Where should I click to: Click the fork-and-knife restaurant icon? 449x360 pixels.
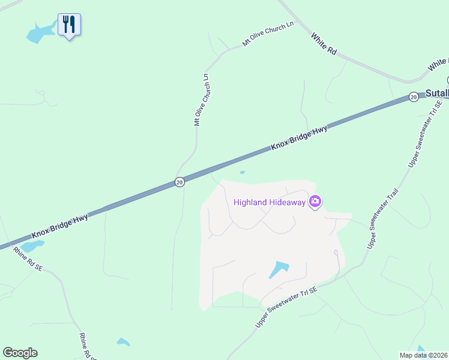pos(69,25)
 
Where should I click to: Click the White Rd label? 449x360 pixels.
pos(324,44)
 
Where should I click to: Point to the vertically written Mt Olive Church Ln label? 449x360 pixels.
pos(201,99)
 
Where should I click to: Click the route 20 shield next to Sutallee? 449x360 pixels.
pos(414,97)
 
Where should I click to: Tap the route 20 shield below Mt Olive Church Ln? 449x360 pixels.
pos(179,182)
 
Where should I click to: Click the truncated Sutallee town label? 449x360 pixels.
pos(437,93)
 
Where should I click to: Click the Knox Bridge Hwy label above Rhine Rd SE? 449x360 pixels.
pos(60,226)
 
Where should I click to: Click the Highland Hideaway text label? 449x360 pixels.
pos(270,202)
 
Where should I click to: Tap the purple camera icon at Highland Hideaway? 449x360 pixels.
pos(315,202)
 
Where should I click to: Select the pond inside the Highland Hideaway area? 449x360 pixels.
pos(278,269)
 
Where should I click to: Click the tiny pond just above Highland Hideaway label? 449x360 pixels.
pos(242,173)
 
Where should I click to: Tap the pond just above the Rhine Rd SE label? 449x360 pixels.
pos(33,246)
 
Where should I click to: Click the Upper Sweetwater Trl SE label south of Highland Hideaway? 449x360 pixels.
pos(286,307)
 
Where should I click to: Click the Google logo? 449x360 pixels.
pos(20,353)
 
